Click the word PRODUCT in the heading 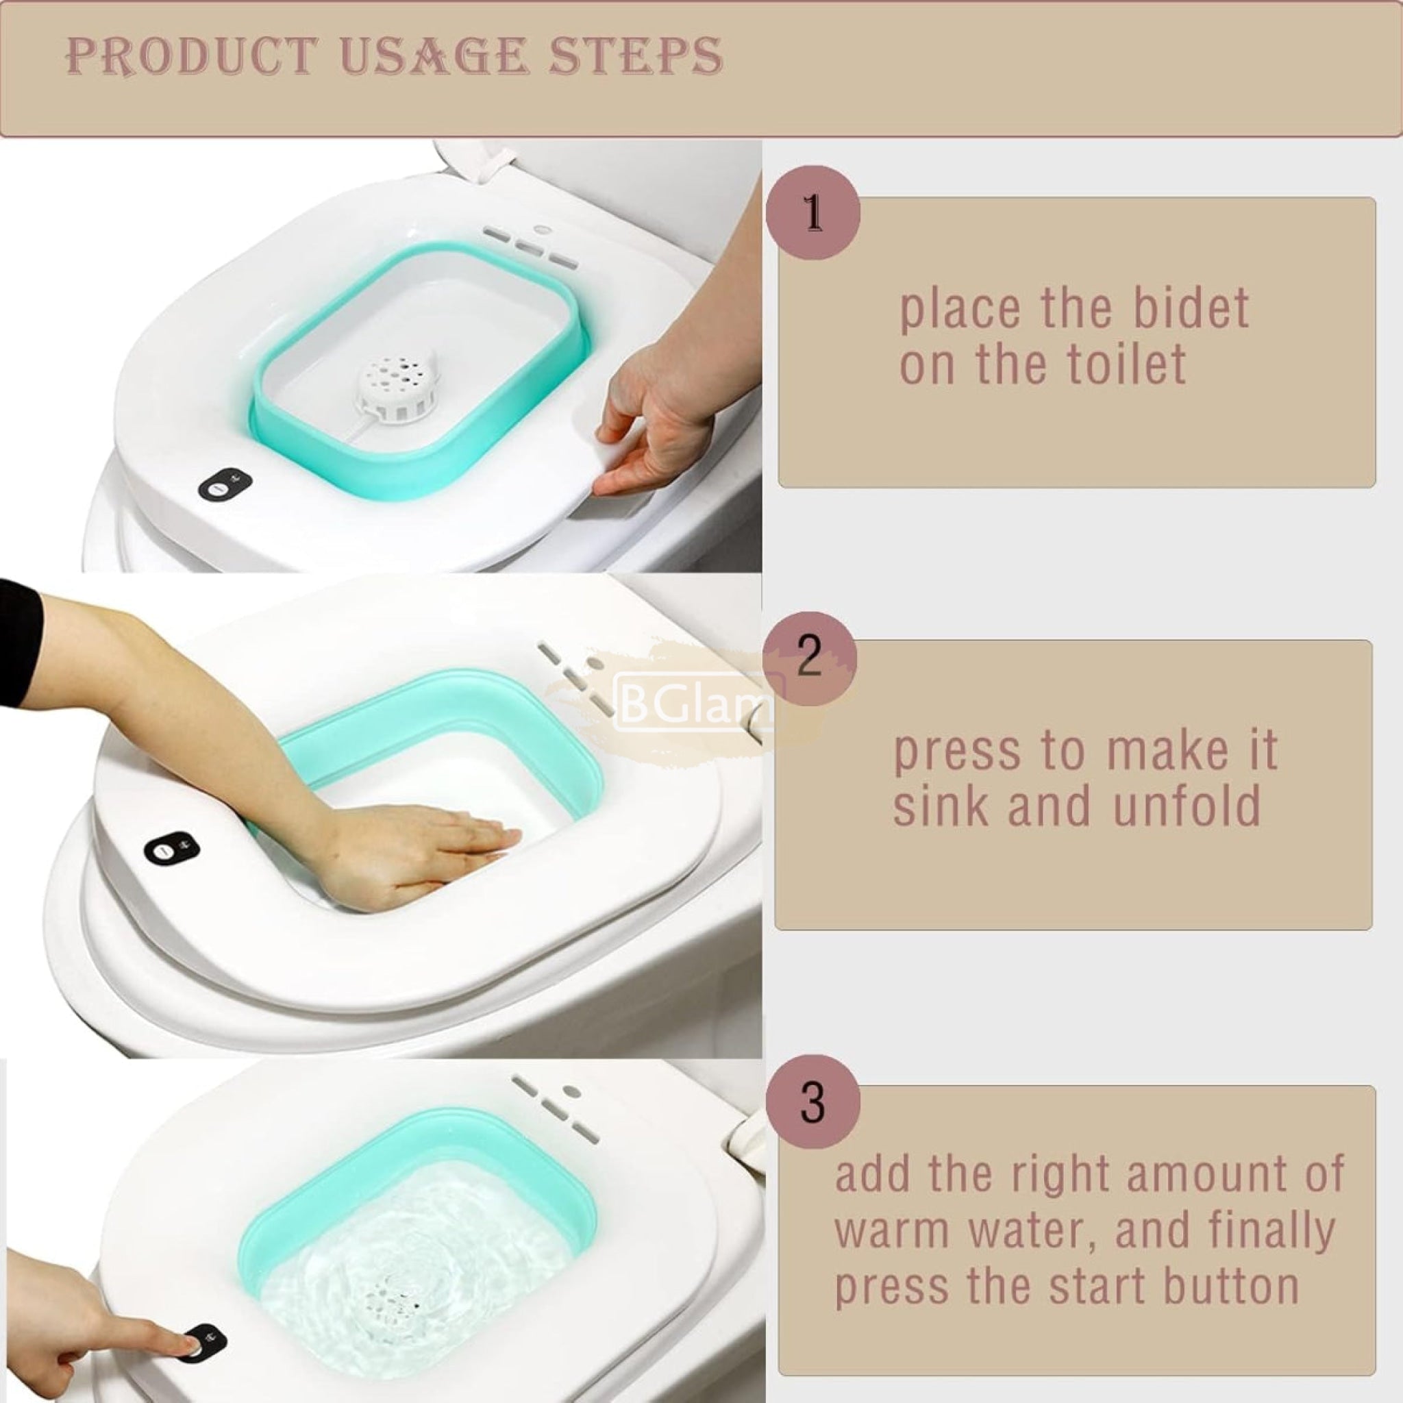tap(192, 56)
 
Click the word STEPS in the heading tap(636, 56)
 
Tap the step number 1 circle tap(813, 213)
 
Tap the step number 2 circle tap(810, 658)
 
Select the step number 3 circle tap(812, 1102)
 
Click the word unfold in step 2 tap(1187, 806)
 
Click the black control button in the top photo tap(225, 483)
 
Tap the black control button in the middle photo tap(171, 847)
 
